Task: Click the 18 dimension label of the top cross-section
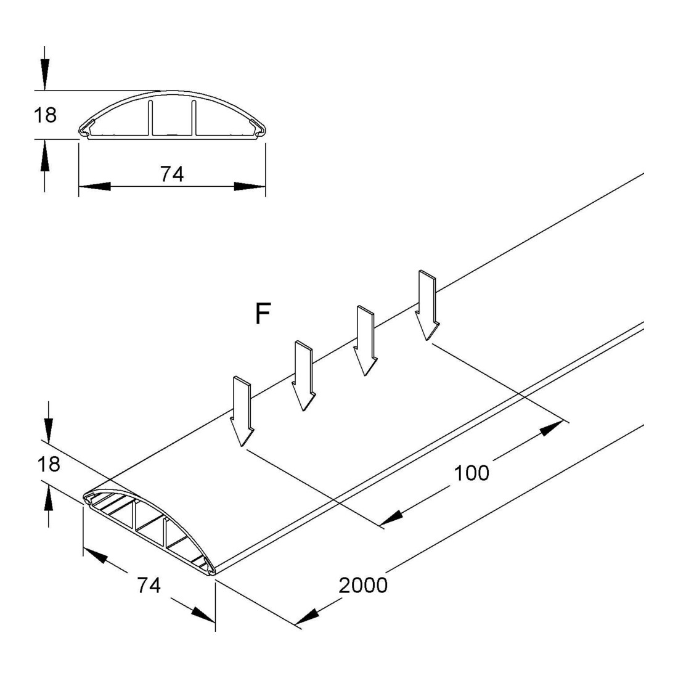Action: click(45, 115)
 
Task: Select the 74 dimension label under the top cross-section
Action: click(172, 174)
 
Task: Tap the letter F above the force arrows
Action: click(263, 314)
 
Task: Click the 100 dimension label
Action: click(472, 473)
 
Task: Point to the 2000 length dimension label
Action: click(363, 586)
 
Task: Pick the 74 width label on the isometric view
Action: click(149, 586)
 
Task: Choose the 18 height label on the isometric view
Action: click(49, 464)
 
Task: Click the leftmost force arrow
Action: click(242, 411)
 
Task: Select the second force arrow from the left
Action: click(303, 376)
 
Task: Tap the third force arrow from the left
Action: click(366, 341)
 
